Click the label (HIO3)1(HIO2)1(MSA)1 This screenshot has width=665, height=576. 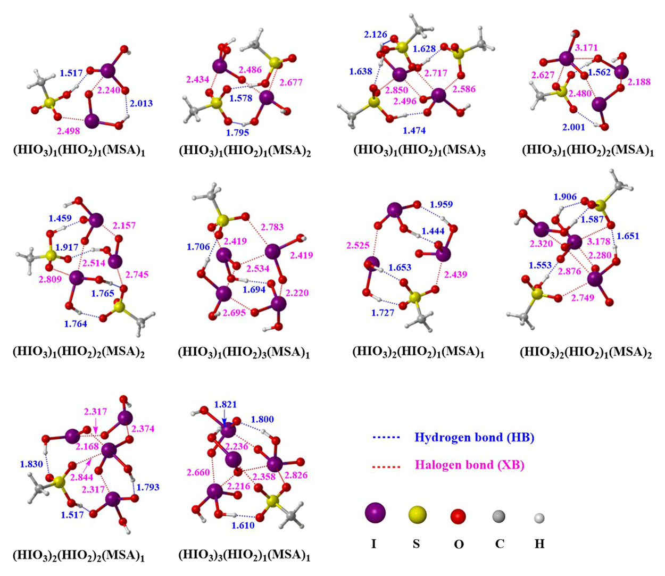coord(79,151)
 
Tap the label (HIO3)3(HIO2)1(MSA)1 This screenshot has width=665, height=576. coord(244,556)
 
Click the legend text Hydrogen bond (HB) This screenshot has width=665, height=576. coord(474,438)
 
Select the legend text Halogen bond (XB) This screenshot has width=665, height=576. coord(469,465)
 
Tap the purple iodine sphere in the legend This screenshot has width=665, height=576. coord(375,514)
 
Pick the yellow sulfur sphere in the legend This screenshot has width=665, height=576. coord(417,515)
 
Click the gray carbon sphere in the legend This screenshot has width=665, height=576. coord(498,515)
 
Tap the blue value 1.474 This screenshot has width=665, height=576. coord(414,130)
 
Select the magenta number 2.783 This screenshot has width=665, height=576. coord(272,227)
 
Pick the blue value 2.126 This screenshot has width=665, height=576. coord(376,35)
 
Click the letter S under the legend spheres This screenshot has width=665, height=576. coord(416,544)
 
